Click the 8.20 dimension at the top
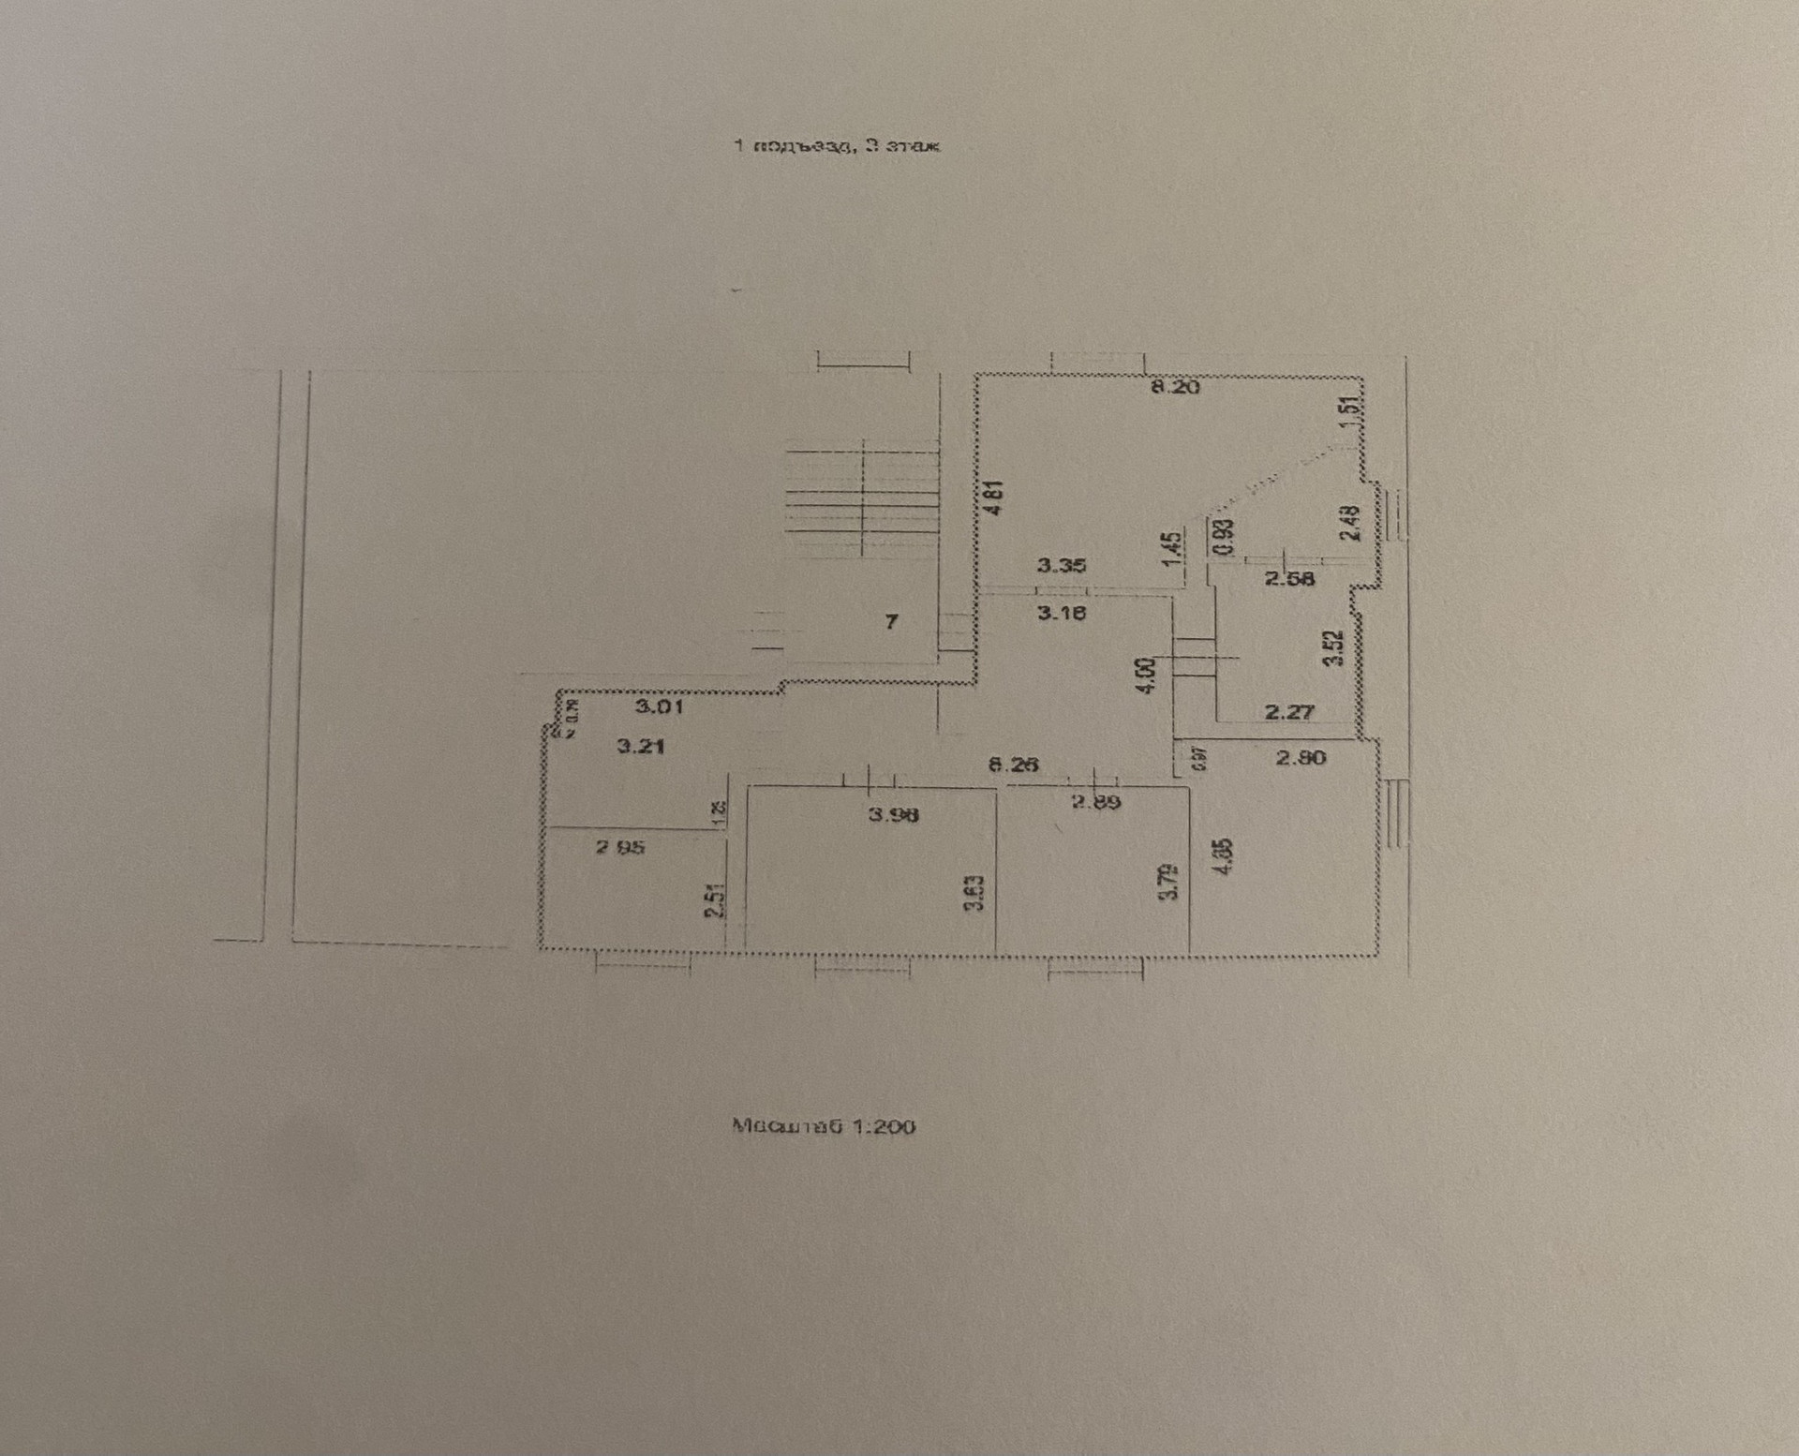pyautogui.click(x=1174, y=387)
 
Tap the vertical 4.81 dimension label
pyautogui.click(x=994, y=498)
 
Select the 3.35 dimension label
pyautogui.click(x=1061, y=566)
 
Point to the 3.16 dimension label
pyautogui.click(x=1061, y=614)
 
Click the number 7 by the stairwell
pyautogui.click(x=891, y=621)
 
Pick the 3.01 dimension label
pyautogui.click(x=659, y=706)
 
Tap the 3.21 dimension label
pyautogui.click(x=640, y=747)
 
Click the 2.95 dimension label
pyautogui.click(x=620, y=848)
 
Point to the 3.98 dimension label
pyautogui.click(x=893, y=814)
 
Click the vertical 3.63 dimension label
pyautogui.click(x=975, y=893)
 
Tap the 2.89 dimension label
pyautogui.click(x=1095, y=802)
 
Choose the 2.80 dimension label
pyautogui.click(x=1301, y=757)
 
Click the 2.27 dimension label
pyautogui.click(x=1289, y=712)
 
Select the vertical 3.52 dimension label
pyautogui.click(x=1335, y=647)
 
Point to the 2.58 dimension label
pyautogui.click(x=1289, y=579)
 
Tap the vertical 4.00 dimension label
pyautogui.click(x=1145, y=676)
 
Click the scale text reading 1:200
pyautogui.click(x=823, y=1126)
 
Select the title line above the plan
pyautogui.click(x=836, y=146)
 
